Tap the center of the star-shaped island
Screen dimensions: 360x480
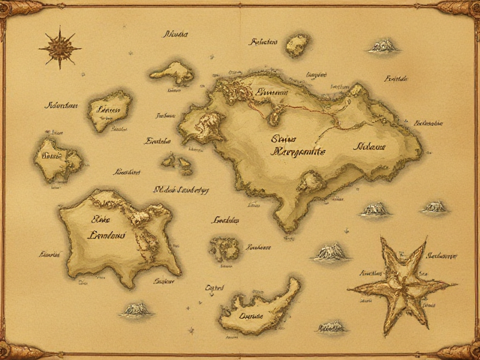[x=403, y=286]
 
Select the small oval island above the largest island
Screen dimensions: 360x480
[x=296, y=46]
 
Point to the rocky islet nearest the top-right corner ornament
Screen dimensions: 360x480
[x=383, y=46]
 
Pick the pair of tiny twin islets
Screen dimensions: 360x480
[x=177, y=163]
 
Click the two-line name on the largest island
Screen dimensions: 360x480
[x=298, y=144]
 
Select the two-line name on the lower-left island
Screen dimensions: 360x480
[x=106, y=227]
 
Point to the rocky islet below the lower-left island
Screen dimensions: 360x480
[x=136, y=309]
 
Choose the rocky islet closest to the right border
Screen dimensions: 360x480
[x=434, y=207]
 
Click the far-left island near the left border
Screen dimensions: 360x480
[x=57, y=158]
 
